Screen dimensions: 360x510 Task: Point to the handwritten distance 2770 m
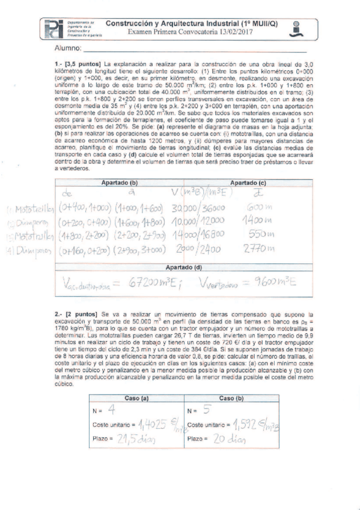260,248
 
